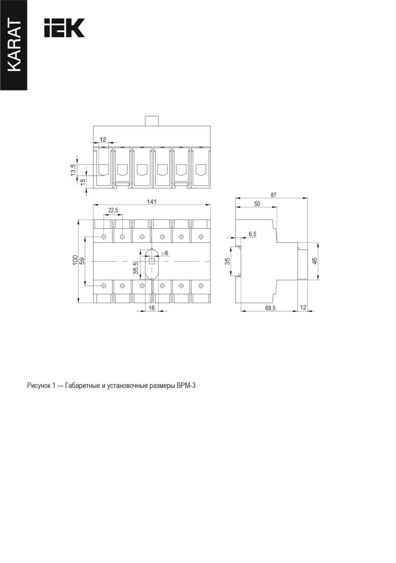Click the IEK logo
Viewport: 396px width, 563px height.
pos(64,28)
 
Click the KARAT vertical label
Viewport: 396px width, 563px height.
pos(14,45)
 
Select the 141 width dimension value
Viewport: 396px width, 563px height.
pos(152,202)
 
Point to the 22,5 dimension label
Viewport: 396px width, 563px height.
pos(113,210)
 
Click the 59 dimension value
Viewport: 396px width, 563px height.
pos(82,261)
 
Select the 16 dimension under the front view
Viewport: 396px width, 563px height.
pos(152,308)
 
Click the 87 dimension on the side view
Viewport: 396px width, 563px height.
pos(273,195)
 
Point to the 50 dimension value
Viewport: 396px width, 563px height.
pos(257,204)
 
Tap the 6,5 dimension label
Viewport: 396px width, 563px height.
pos(252,234)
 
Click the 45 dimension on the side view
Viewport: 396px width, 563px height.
pos(315,261)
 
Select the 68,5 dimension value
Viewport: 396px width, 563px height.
pos(270,308)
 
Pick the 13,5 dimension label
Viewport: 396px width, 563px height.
pos(73,170)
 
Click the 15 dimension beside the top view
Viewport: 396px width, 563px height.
pos(83,182)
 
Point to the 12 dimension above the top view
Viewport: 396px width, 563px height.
pos(103,139)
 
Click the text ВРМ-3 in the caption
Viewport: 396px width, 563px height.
pos(186,386)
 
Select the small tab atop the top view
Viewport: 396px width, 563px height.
pos(152,121)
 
